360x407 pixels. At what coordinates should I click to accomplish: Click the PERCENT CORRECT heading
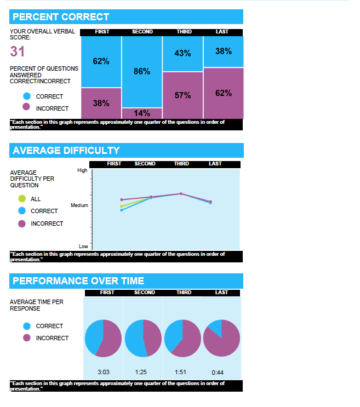pyautogui.click(x=61, y=17)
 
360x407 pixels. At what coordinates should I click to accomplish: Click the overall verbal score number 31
pyautogui.click(x=18, y=52)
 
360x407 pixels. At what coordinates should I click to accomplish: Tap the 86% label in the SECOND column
pyautogui.click(x=142, y=72)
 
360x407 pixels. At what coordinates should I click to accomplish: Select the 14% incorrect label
pyautogui.click(x=142, y=113)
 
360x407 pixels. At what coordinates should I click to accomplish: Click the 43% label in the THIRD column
pyautogui.click(x=182, y=53)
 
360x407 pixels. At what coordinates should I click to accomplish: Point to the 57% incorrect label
pyautogui.click(x=182, y=95)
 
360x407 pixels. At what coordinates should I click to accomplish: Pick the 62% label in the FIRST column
pyautogui.click(x=101, y=61)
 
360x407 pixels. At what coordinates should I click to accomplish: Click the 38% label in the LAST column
pyautogui.click(x=223, y=51)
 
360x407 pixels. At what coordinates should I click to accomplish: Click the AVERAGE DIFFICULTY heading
pyautogui.click(x=66, y=151)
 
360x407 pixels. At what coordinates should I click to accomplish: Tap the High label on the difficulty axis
pyautogui.click(x=82, y=170)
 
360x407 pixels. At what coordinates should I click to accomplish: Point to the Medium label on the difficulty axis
pyautogui.click(x=79, y=205)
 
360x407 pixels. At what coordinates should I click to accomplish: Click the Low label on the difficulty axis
pyautogui.click(x=83, y=247)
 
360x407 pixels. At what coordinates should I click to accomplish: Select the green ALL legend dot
pyautogui.click(x=22, y=199)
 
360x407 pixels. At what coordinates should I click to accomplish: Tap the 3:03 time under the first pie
pyautogui.click(x=103, y=372)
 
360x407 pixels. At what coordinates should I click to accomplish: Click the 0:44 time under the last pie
pyautogui.click(x=218, y=372)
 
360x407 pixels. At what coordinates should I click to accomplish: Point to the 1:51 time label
pyautogui.click(x=180, y=372)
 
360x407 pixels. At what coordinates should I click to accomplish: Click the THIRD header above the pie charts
pyautogui.click(x=184, y=293)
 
